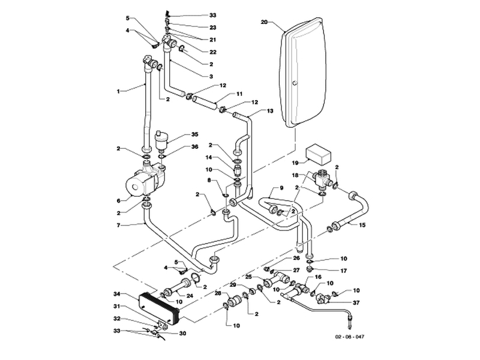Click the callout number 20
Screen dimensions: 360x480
coord(264,22)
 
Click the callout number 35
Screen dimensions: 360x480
coord(194,134)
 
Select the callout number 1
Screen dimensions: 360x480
coord(118,91)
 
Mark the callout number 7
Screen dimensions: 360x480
coord(118,225)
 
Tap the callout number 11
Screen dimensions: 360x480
coord(222,94)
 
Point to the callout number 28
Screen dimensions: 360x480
coord(218,293)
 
